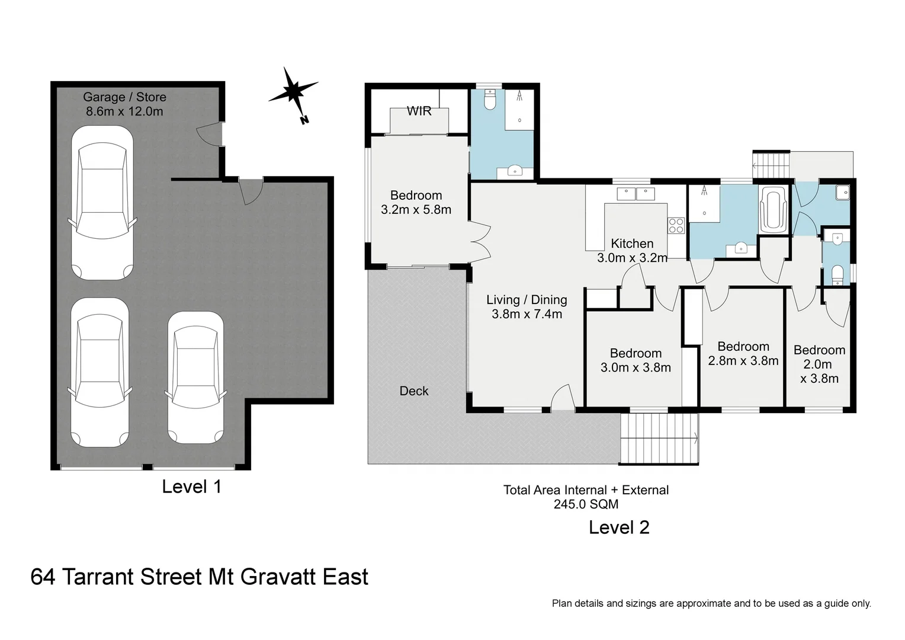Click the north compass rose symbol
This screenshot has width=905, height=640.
pyautogui.click(x=293, y=93)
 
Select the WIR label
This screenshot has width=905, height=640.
pyautogui.click(x=419, y=111)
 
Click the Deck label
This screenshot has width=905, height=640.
pyautogui.click(x=414, y=391)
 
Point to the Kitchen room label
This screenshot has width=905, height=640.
pyautogui.click(x=632, y=244)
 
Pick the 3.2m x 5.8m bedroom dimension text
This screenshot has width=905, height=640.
pyautogui.click(x=416, y=210)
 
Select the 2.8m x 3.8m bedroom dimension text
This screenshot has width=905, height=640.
pyautogui.click(x=743, y=361)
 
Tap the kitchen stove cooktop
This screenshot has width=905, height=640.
pyautogui.click(x=676, y=226)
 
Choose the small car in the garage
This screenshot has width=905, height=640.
pyautogui.click(x=195, y=377)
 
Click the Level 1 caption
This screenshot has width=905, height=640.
pyautogui.click(x=191, y=487)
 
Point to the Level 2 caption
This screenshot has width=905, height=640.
pyautogui.click(x=619, y=527)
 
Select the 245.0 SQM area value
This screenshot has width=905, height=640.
pyautogui.click(x=586, y=504)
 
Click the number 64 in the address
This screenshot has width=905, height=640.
pyautogui.click(x=43, y=577)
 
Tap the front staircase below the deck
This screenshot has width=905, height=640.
pyautogui.click(x=659, y=439)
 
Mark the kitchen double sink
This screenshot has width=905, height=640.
pyautogui.click(x=635, y=193)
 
